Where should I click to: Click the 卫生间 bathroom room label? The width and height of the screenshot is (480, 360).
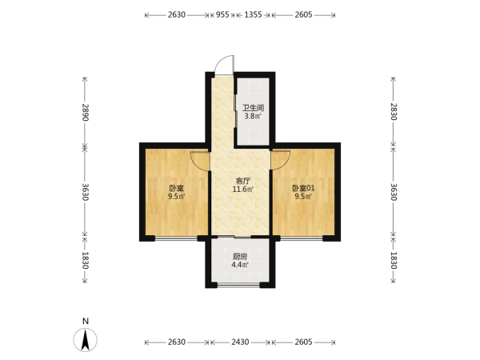point(253,108)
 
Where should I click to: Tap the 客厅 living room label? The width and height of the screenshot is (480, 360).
point(242,181)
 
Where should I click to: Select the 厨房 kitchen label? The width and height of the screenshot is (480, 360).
point(240,257)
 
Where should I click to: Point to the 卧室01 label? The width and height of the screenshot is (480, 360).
point(303,188)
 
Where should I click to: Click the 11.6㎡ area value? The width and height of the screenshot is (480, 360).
point(243,190)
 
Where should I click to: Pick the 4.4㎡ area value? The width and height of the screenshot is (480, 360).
point(240,265)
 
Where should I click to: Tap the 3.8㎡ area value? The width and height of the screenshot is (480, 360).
point(253,116)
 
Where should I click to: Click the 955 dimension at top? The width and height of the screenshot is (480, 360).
point(222,14)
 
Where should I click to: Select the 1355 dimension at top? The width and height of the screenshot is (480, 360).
point(253,14)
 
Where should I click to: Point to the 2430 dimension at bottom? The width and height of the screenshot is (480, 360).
point(240,342)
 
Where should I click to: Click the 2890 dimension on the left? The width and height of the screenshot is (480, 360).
point(86,112)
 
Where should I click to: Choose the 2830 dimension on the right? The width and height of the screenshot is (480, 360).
point(394,112)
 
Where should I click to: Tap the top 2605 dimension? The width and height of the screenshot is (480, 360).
point(303,14)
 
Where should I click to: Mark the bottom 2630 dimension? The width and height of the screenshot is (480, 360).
point(177,342)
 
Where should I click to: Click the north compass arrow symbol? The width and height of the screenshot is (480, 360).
point(86,340)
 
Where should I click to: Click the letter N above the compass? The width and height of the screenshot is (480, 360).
point(86,321)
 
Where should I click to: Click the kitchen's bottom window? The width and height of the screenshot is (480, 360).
point(238,286)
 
